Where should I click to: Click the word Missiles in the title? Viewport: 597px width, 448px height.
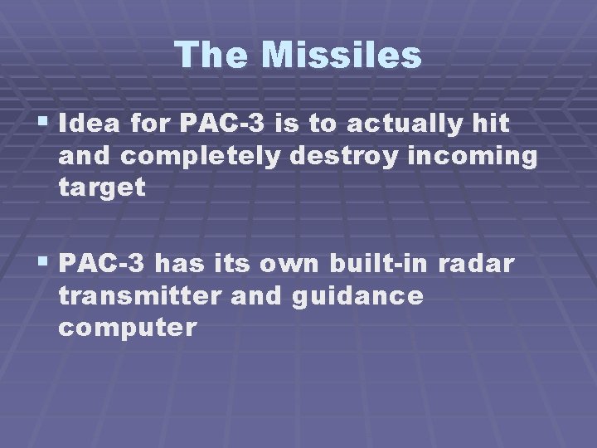click(x=342, y=56)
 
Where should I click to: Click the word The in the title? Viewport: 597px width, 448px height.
click(x=212, y=56)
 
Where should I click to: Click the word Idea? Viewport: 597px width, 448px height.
click(x=86, y=124)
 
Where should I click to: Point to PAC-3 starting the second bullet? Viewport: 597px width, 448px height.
click(x=104, y=265)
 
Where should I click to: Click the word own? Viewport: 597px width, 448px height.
click(x=290, y=265)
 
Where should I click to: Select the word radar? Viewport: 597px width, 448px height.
click(x=483, y=265)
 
